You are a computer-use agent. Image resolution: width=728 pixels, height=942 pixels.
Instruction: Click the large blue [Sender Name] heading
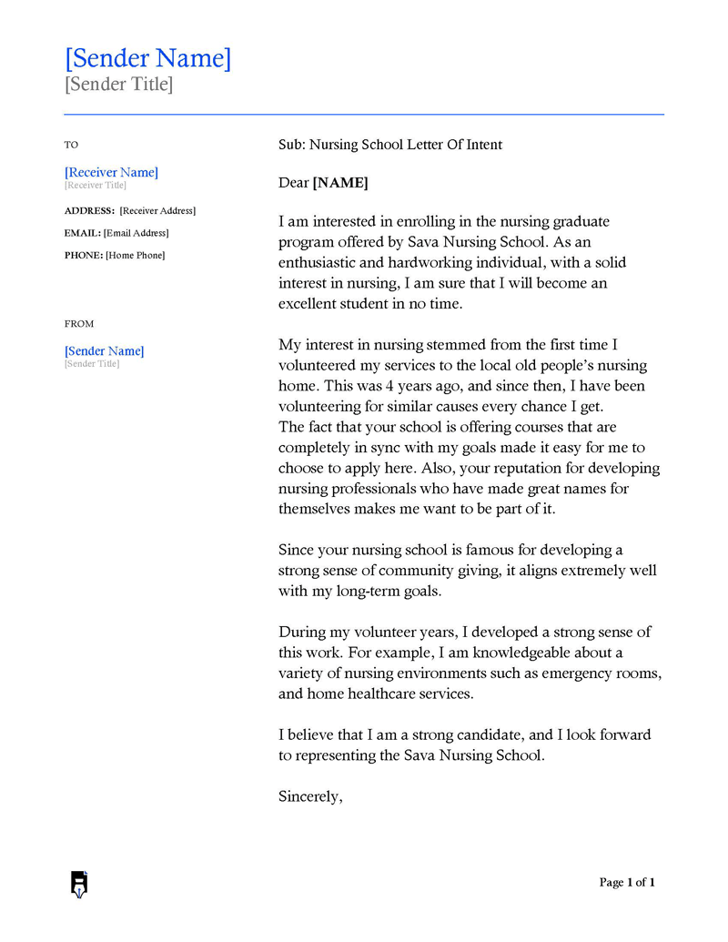(x=147, y=58)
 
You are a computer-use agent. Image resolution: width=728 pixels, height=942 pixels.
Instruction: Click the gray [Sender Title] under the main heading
(x=118, y=85)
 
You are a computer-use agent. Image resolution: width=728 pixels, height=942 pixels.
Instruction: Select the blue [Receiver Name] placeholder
(x=111, y=172)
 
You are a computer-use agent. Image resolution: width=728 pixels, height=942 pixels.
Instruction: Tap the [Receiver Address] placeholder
(x=157, y=210)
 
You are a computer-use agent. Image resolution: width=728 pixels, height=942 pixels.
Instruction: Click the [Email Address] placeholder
(x=136, y=233)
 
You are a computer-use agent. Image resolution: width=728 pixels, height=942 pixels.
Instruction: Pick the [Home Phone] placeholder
(x=136, y=255)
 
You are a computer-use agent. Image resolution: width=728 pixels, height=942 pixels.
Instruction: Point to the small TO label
(x=72, y=145)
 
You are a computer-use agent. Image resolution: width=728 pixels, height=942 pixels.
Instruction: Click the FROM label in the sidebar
(x=79, y=323)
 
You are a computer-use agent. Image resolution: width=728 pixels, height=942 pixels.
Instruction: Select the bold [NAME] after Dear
(x=340, y=183)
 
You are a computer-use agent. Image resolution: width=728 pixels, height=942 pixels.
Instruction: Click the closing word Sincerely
(x=310, y=796)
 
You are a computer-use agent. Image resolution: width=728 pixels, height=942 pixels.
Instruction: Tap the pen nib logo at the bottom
(x=79, y=884)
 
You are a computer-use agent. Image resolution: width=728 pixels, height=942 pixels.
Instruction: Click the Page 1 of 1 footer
(x=627, y=882)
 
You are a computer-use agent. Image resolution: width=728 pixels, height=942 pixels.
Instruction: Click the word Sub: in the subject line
(x=292, y=145)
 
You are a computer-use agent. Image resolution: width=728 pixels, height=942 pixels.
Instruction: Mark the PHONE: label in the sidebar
(x=84, y=255)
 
